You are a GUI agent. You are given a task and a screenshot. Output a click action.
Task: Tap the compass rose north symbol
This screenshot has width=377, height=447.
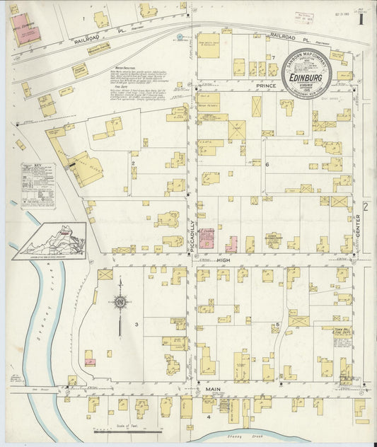coord(121,303)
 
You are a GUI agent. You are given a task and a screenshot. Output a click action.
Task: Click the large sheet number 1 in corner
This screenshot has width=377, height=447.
coord(361,18)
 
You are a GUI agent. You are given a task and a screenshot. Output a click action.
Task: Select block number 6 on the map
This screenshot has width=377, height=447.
coord(268,164)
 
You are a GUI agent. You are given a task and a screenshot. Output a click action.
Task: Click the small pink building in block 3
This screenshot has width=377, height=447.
coord(90,362)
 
